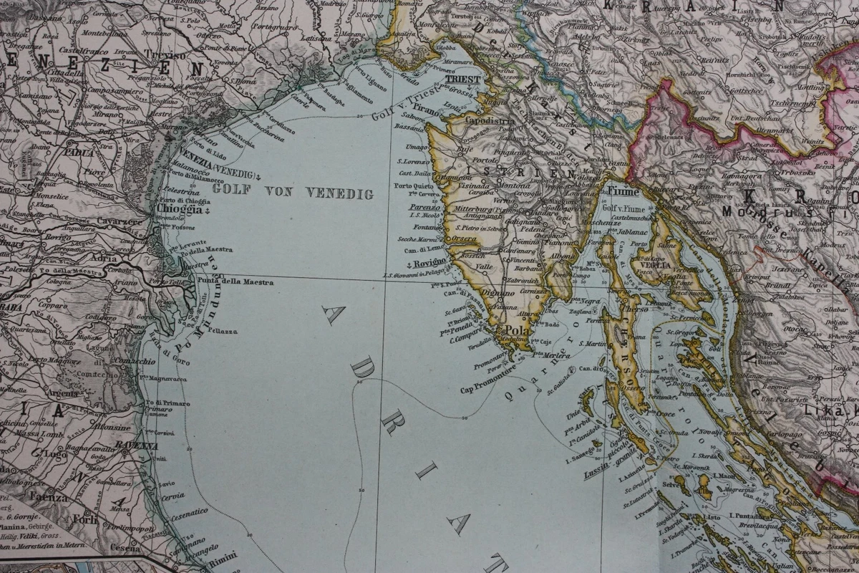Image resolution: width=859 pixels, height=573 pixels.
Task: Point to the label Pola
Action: tap(517, 330)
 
